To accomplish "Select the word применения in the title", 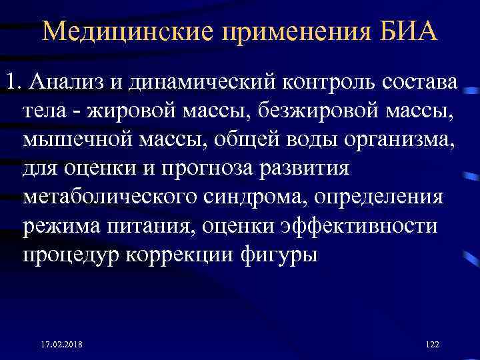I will point(290,31).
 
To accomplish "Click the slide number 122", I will point(432,343).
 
